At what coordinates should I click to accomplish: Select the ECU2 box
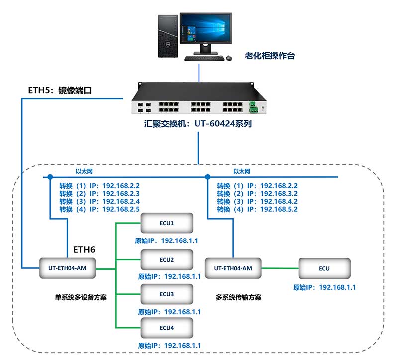point(167,260)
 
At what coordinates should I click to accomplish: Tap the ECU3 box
point(167,294)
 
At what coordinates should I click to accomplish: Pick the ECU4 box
point(167,328)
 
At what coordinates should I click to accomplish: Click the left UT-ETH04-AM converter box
point(68,268)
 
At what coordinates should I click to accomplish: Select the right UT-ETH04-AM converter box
point(233,268)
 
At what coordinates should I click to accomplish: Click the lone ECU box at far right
point(324,268)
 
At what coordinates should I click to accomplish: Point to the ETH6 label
point(84,249)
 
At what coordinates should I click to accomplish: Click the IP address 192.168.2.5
point(121,209)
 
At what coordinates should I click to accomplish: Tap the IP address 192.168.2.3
point(121,193)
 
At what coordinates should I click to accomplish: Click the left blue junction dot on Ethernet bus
point(50,177)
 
